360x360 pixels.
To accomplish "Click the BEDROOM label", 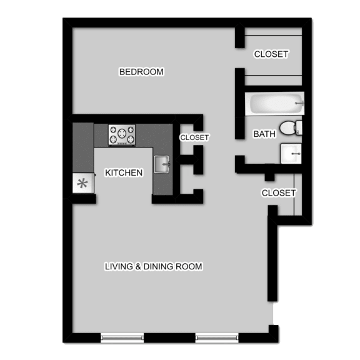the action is pos(141,72).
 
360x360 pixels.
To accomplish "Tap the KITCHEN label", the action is pos(124,172).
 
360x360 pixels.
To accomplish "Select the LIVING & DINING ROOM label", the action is pos(154,266).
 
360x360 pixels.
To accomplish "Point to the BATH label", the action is pos(264,134).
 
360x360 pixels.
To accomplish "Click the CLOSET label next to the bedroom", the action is pos(271,54).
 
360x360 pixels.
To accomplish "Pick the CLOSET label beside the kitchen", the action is pos(194,137).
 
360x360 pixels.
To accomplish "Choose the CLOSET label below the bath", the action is pos(279,193).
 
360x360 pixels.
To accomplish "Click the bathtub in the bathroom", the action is pos(275,104).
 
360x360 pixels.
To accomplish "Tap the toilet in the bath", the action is pos(291,128).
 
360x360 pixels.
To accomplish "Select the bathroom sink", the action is pos(291,154).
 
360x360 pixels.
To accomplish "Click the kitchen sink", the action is pos(162,164).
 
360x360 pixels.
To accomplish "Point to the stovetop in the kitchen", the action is pos(122,135).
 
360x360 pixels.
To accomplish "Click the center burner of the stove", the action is pos(122,133).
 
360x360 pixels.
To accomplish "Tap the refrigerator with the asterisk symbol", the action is pos(83,183).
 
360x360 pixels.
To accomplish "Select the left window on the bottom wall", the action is pos(122,337).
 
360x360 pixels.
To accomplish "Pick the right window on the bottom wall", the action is pos(217,337).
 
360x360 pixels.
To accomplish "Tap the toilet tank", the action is pos(299,128).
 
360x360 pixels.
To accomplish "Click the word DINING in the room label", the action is pos(158,266).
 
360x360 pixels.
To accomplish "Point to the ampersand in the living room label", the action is pos(138,266).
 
